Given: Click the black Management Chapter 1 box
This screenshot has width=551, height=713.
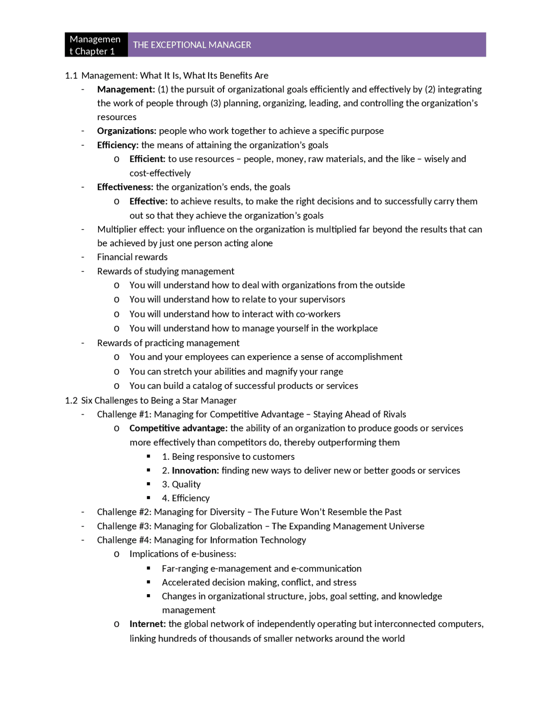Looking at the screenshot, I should (x=96, y=45).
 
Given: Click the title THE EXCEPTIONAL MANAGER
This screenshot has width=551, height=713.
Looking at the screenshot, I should (x=192, y=45).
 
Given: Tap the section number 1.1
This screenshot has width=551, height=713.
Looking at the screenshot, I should (x=71, y=76).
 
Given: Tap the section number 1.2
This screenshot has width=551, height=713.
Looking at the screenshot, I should (x=71, y=400).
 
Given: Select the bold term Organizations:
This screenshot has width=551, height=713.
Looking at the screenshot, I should (x=127, y=131).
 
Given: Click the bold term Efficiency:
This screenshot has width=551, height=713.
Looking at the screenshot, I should (x=118, y=145).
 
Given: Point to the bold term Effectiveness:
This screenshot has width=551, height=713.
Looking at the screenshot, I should (x=125, y=187).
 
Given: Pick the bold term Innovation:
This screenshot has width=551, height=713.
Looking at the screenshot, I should (x=195, y=471).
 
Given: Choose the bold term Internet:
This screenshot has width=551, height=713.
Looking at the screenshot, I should (x=147, y=624).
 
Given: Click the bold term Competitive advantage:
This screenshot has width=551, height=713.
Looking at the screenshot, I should (x=178, y=428).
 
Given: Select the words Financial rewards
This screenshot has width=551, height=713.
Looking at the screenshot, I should (x=132, y=257).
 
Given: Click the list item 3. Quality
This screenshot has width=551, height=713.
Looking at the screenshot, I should (x=181, y=484).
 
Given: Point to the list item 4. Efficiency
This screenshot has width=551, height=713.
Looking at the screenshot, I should (x=186, y=498).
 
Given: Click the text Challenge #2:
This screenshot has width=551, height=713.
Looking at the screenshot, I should (x=124, y=512).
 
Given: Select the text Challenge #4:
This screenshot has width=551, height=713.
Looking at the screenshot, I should (x=124, y=540).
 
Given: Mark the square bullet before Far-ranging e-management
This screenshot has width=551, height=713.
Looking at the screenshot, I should (x=149, y=568).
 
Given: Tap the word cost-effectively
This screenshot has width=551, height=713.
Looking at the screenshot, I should (x=160, y=173).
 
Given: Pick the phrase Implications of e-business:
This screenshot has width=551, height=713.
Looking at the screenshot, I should (x=183, y=554).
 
